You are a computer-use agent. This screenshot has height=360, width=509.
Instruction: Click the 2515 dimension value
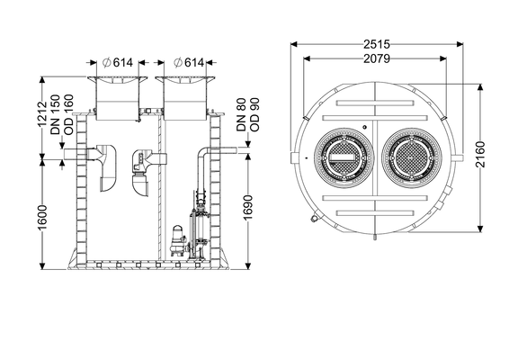(x=377, y=44)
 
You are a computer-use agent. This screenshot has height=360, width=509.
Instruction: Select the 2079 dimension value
(x=377, y=58)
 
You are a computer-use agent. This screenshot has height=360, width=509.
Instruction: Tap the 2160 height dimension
(x=480, y=155)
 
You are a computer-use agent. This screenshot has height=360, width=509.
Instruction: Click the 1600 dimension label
(x=42, y=218)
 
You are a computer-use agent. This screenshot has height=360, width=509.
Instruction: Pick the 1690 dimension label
(x=248, y=208)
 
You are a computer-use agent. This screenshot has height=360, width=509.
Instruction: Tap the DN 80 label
(x=242, y=114)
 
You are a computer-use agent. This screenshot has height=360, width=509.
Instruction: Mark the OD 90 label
(x=254, y=114)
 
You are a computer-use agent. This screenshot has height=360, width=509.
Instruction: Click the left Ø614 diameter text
(x=118, y=62)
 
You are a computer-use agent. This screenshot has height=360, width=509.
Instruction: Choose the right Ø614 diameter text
(x=189, y=62)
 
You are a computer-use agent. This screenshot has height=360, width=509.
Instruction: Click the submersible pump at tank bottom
(x=178, y=242)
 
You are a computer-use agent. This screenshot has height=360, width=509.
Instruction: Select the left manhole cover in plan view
(x=344, y=158)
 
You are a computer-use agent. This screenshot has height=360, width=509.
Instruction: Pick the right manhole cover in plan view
(x=412, y=158)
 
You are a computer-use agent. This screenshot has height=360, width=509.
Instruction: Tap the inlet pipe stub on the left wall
(x=76, y=154)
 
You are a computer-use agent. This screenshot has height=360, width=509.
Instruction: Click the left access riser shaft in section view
(x=118, y=99)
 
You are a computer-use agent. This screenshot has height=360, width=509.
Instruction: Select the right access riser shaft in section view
(x=185, y=99)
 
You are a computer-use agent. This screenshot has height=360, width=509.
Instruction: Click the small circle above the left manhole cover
(x=365, y=127)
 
